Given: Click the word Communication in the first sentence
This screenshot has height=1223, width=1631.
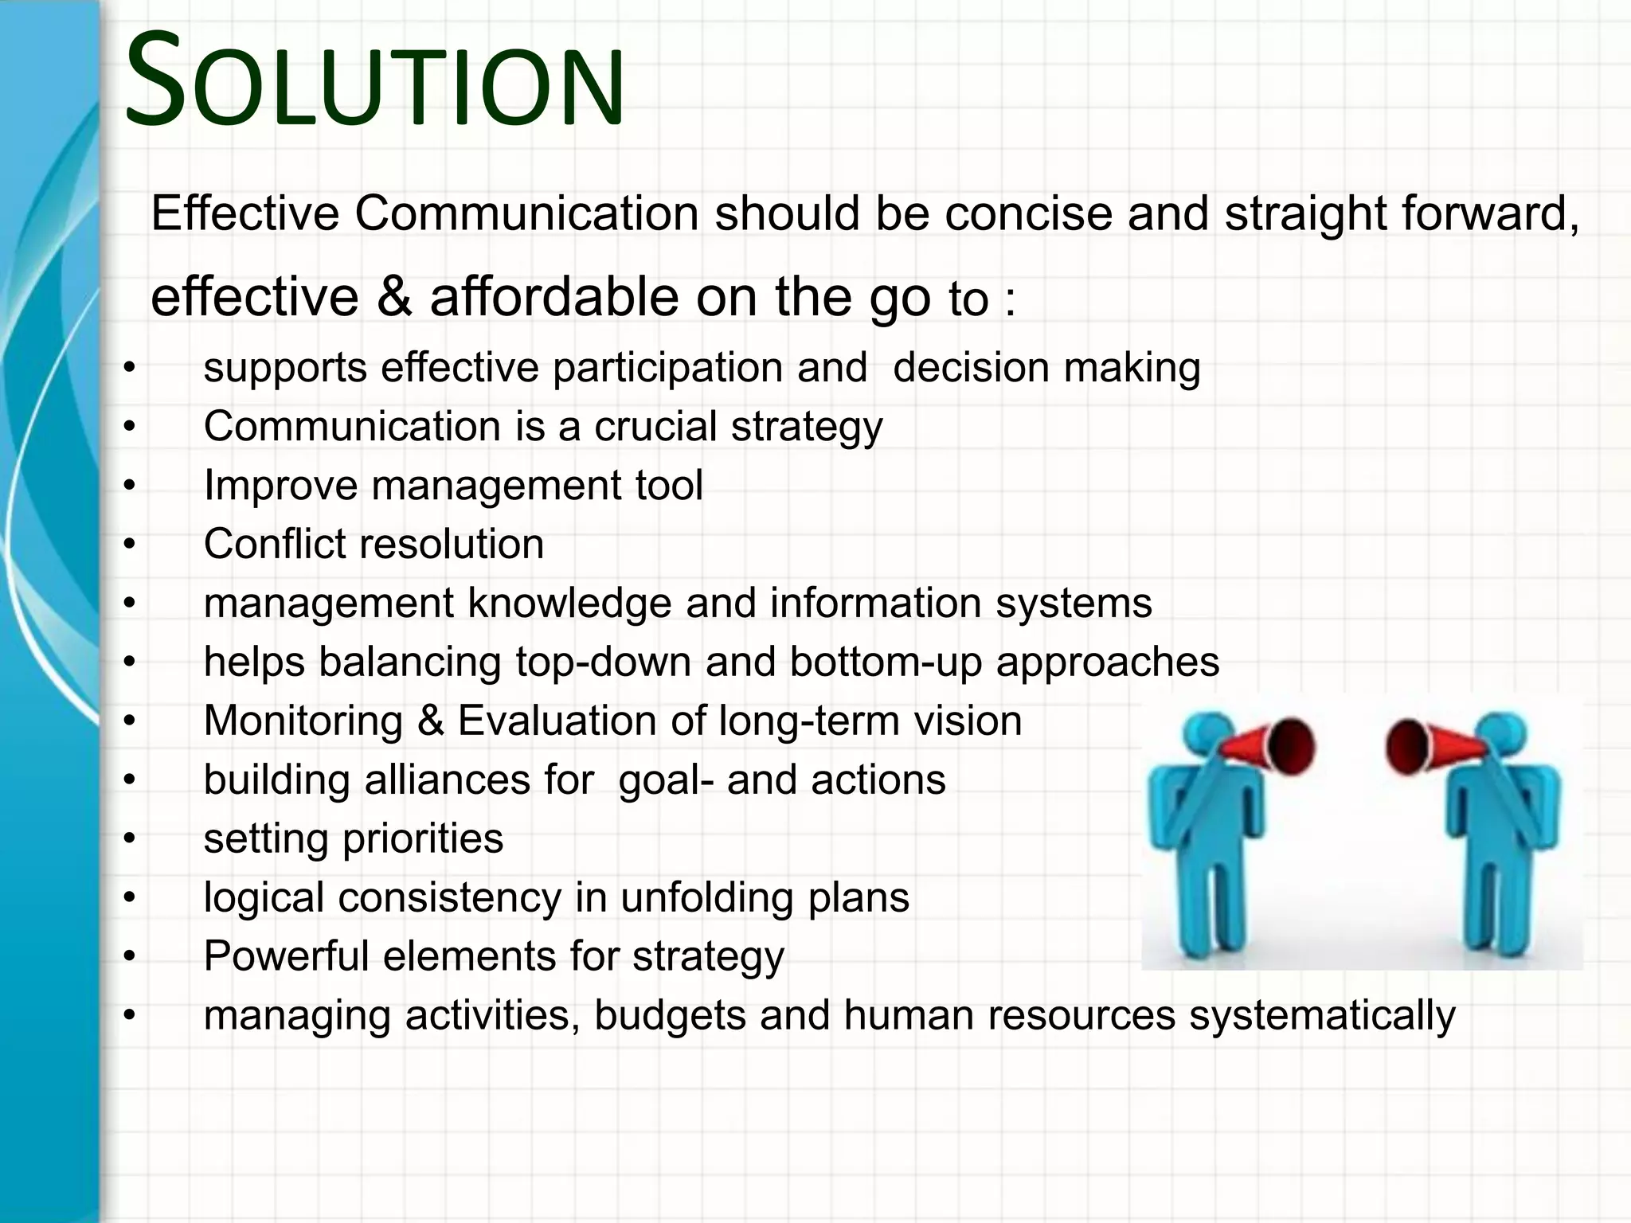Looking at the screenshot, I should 526,214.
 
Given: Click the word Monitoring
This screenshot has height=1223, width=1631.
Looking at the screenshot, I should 303,721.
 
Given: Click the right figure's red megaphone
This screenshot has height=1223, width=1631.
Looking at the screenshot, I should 1422,747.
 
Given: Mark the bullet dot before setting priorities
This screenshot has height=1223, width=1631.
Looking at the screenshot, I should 130,839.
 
